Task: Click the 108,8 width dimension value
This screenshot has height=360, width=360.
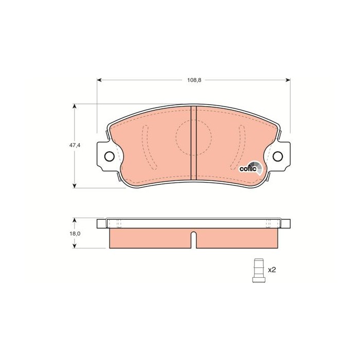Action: click(194, 80)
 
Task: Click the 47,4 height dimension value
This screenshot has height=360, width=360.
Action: click(76, 146)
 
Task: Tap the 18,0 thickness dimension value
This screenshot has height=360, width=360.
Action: click(76, 233)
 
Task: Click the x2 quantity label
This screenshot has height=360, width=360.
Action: click(272, 269)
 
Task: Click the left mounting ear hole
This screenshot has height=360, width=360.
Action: click(109, 156)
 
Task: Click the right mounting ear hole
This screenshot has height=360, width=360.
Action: click(278, 156)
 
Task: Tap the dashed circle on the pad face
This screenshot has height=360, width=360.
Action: click(193, 137)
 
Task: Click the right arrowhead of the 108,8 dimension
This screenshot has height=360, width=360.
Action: click(288, 80)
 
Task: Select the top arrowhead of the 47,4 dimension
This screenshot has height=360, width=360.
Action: click(76, 106)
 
